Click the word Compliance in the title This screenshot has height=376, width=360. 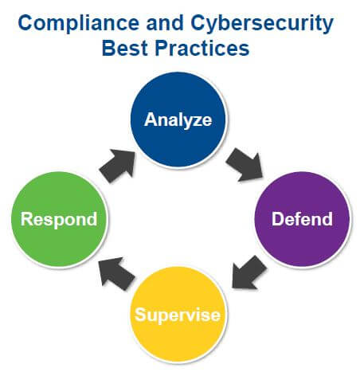[x=79, y=23]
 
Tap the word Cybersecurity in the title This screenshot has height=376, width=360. [x=262, y=24]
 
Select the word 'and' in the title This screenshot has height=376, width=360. [x=165, y=22]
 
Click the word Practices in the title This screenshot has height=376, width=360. [x=202, y=48]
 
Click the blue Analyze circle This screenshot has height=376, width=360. [x=178, y=120]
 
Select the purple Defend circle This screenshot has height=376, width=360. [x=302, y=219]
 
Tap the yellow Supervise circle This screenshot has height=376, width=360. [x=178, y=315]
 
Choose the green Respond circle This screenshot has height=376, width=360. [x=59, y=219]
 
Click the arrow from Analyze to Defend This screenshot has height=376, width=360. [x=245, y=165]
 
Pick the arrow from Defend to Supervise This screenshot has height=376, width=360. [x=248, y=272]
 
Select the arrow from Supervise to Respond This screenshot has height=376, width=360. [x=116, y=273]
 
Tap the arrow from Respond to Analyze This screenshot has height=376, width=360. [x=117, y=166]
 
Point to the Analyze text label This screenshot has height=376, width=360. [x=178, y=121]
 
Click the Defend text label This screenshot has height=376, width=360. [x=302, y=219]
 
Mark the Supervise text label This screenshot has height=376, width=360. [x=178, y=315]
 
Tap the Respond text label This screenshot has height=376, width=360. [x=59, y=220]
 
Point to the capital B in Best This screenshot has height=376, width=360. [x=109, y=48]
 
